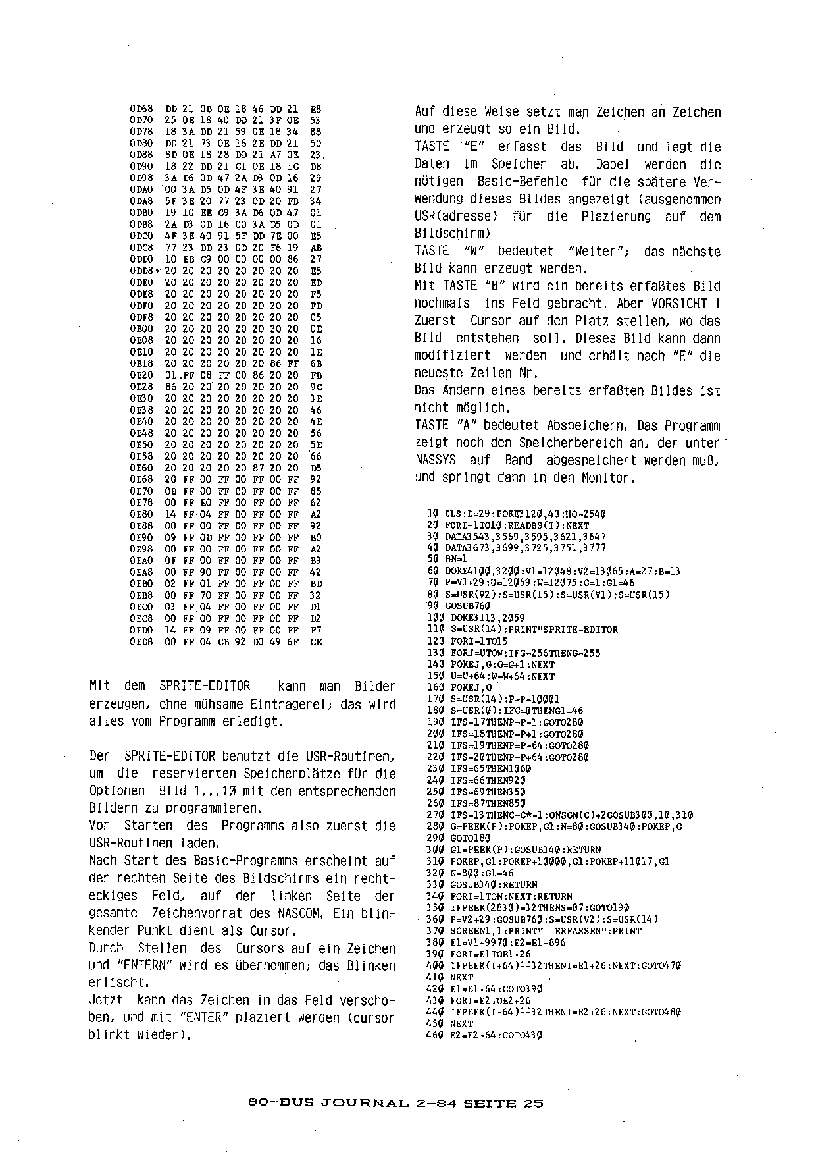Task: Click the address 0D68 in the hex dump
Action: coord(141,109)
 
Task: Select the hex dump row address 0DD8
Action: coord(141,271)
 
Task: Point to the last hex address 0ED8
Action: coord(141,641)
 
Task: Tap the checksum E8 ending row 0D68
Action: coord(315,109)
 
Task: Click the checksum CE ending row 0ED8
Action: coord(315,641)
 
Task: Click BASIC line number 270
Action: coord(436,815)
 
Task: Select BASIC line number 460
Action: coord(436,1035)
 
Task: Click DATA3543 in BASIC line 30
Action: coord(469,537)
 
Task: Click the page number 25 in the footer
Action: coord(534,1104)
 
